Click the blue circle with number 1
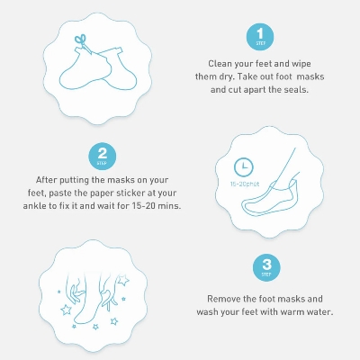[260, 37]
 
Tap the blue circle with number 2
[102, 156]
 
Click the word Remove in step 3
[227, 298]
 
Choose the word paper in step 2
[110, 193]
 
